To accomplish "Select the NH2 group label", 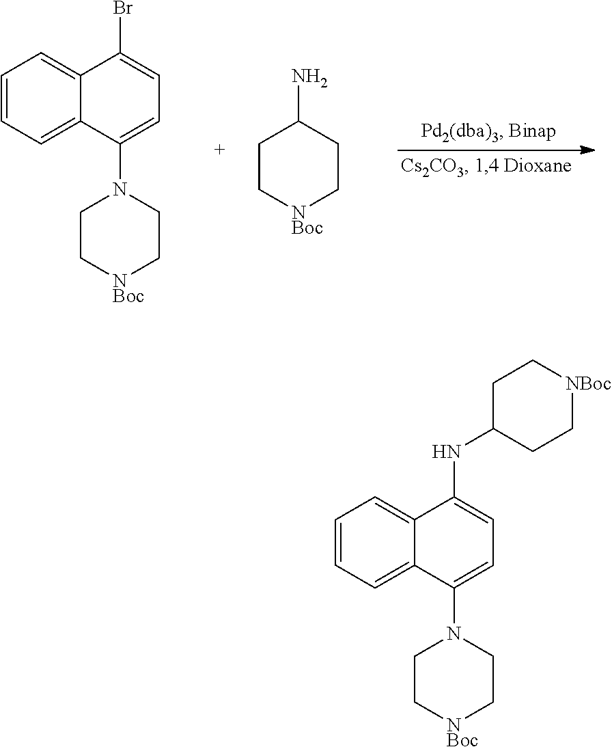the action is (x=309, y=77).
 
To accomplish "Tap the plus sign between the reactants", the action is (x=219, y=150).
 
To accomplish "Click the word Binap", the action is (x=532, y=131).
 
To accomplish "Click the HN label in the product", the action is (x=446, y=450).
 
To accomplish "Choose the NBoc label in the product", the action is (x=587, y=383).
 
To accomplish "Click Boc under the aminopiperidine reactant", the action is (x=307, y=228).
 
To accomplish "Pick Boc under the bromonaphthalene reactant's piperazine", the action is (x=128, y=296).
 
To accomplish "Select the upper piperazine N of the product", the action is (x=454, y=633).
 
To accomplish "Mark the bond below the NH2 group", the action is (x=299, y=106).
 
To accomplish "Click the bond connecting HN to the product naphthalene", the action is (x=454, y=478).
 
